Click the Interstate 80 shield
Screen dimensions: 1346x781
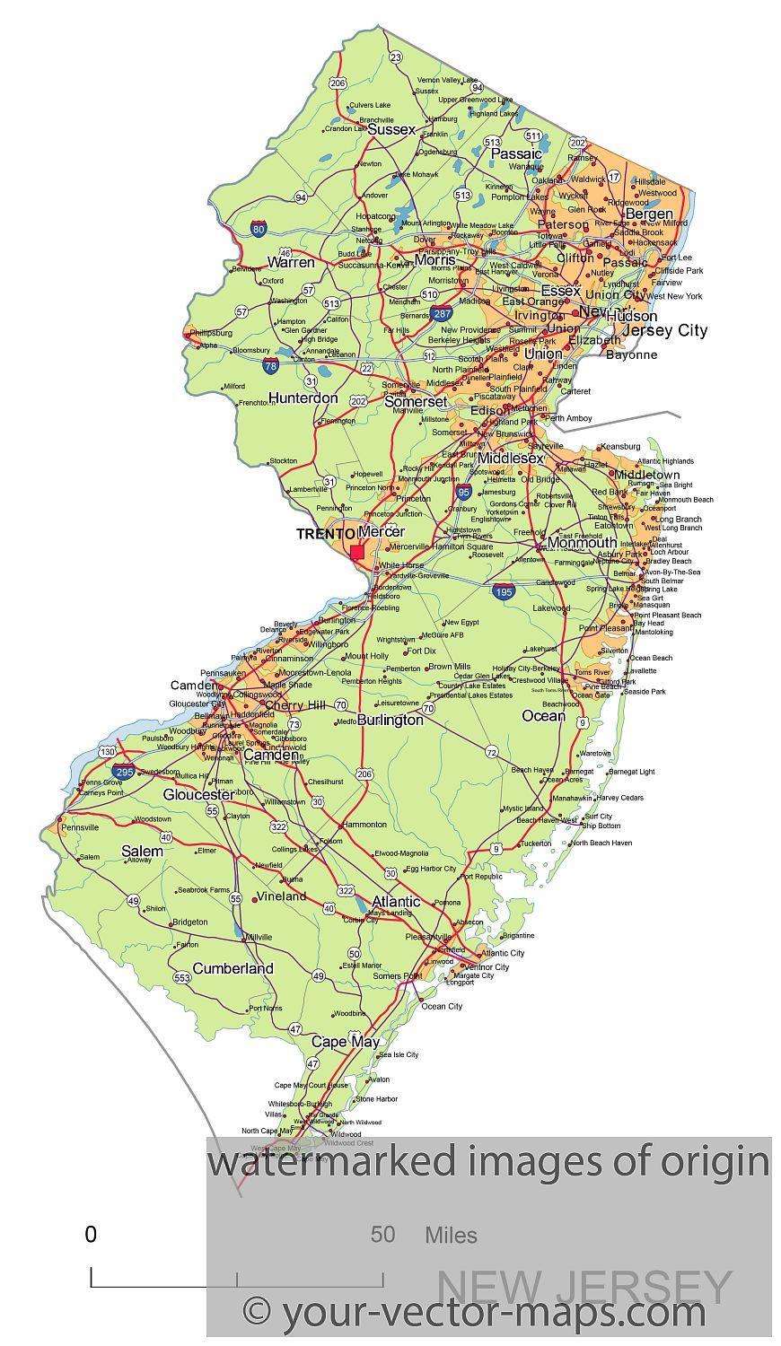[259, 230]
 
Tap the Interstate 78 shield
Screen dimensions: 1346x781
[271, 365]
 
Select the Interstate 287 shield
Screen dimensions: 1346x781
[441, 314]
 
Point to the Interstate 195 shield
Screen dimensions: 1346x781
[504, 591]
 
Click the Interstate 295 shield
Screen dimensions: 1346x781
[124, 771]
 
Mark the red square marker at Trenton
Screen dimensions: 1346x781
[357, 552]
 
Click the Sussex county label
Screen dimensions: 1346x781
[391, 129]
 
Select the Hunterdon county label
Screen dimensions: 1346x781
[303, 398]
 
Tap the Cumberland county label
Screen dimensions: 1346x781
[233, 968]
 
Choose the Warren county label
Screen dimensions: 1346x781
[291, 262]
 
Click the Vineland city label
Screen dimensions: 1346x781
[281, 896]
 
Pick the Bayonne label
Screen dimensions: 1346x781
[631, 354]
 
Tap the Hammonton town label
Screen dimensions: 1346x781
[364, 824]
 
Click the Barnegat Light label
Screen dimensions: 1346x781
[631, 771]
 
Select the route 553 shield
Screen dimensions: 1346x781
[182, 977]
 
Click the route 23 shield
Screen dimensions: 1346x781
[396, 57]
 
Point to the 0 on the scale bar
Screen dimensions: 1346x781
[91, 1235]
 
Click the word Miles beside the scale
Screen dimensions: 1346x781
[451, 1236]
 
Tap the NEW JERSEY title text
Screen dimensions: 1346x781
[584, 1288]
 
